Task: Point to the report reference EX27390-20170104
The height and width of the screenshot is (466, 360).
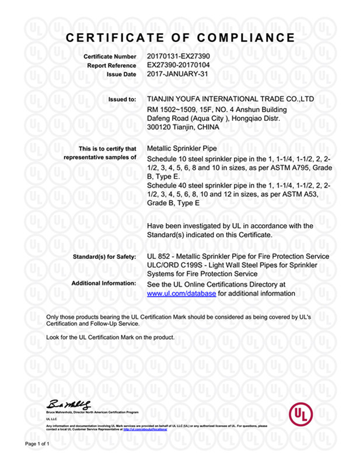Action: coord(177,65)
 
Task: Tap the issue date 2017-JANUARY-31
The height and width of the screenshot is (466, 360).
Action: coord(175,75)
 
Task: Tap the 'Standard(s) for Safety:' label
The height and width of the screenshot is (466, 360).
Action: coord(103,257)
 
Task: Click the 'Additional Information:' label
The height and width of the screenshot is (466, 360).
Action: coord(104,283)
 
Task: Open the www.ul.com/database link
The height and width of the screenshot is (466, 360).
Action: coord(181,293)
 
